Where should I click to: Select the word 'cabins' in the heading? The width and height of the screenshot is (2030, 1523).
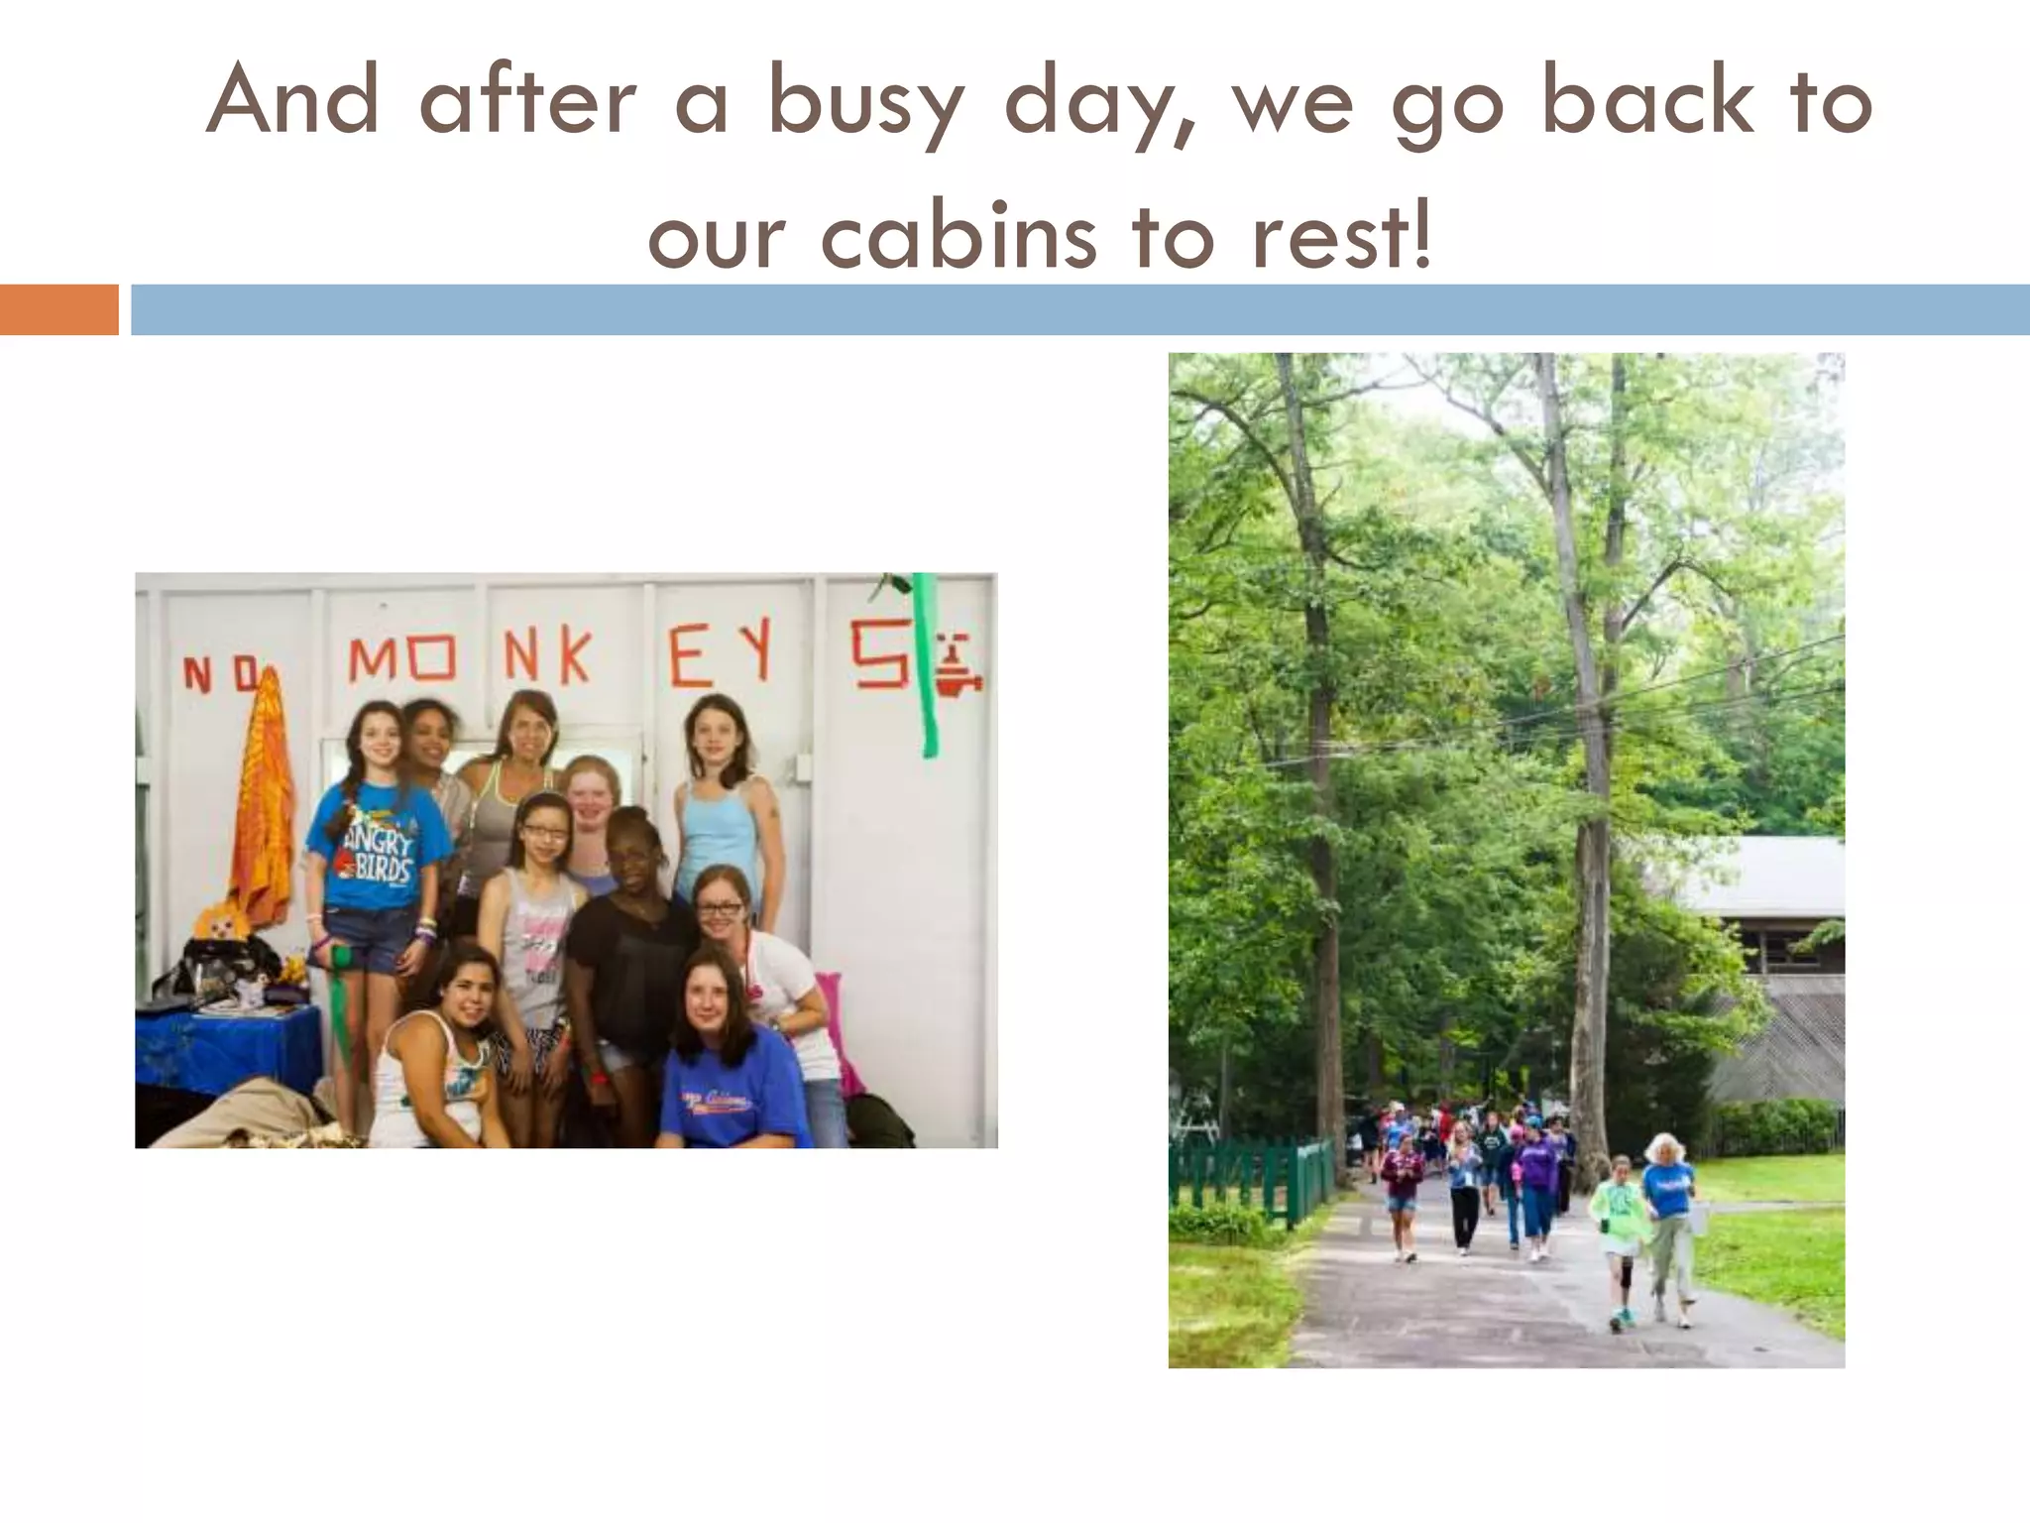[x=959, y=238]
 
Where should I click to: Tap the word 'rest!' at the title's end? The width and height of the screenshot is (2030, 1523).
[x=1341, y=238]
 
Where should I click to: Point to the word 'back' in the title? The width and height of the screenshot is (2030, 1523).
[x=1646, y=102]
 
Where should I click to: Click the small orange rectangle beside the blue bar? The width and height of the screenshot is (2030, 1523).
[x=58, y=309]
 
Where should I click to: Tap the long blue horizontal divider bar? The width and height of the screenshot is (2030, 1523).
[x=1079, y=309]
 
